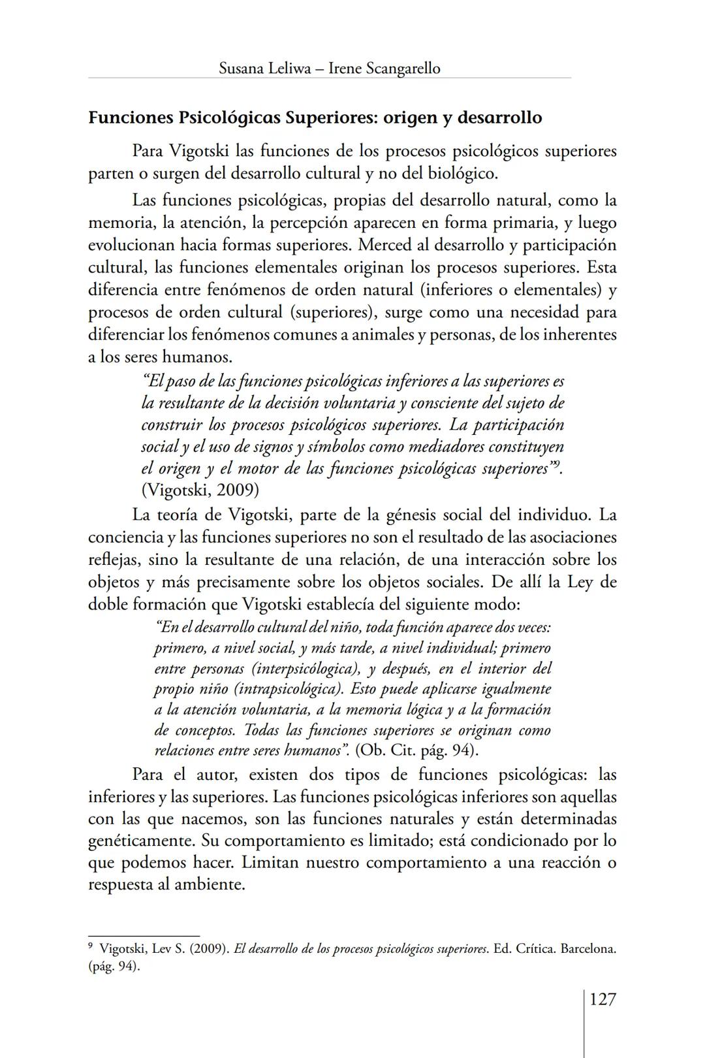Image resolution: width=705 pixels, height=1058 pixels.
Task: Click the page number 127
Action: coord(603,999)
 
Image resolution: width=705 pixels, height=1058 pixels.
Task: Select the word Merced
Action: coord(385,245)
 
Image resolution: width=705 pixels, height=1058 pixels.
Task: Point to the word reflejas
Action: coord(113,560)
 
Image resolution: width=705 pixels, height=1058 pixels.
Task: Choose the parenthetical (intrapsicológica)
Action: coord(289,689)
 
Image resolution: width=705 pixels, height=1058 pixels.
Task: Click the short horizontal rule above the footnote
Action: coord(144,936)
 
